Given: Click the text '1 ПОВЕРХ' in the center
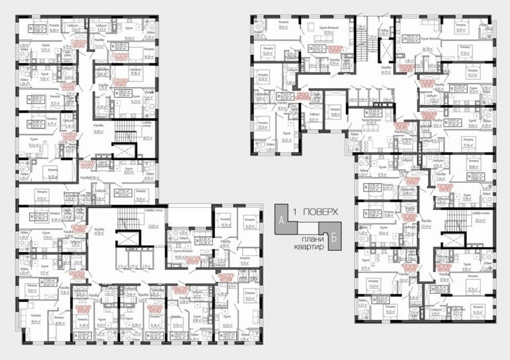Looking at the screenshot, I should pyautogui.click(x=315, y=211).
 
